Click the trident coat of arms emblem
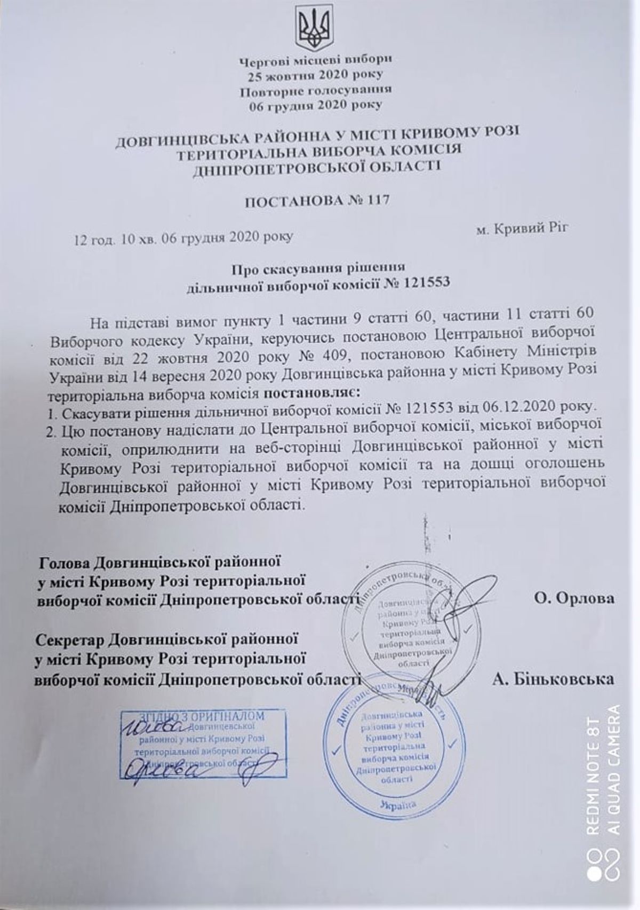[x=315, y=28]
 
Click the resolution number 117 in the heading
[x=376, y=201]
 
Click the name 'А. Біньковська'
[x=553, y=679]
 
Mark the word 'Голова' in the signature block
[x=65, y=563]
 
